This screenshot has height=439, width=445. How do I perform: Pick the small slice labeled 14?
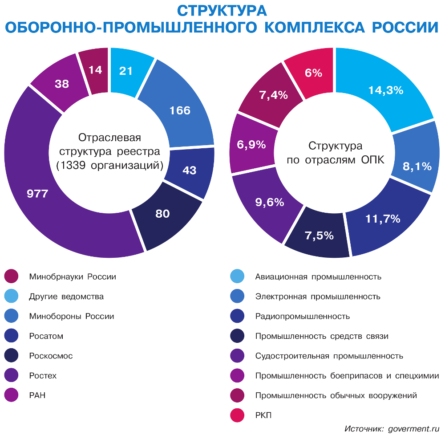pos(94,70)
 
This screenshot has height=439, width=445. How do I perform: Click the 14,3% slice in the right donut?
pos(385,90)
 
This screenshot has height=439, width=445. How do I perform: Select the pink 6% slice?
pos(313,73)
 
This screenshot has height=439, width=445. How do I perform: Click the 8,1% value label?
pos(417,166)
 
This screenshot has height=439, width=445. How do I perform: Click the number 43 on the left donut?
pos(190,170)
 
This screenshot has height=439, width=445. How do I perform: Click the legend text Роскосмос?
pos(51,356)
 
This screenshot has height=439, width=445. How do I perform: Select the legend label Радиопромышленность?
pos(303,317)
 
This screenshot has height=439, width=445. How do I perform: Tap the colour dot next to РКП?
pos(237,415)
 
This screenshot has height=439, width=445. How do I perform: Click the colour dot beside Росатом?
pos(11,336)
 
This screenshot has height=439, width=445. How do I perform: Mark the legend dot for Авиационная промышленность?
pos(237,276)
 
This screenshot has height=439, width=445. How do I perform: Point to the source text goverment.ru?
pos(413,429)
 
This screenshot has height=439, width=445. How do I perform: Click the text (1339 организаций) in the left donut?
pos(109,166)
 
